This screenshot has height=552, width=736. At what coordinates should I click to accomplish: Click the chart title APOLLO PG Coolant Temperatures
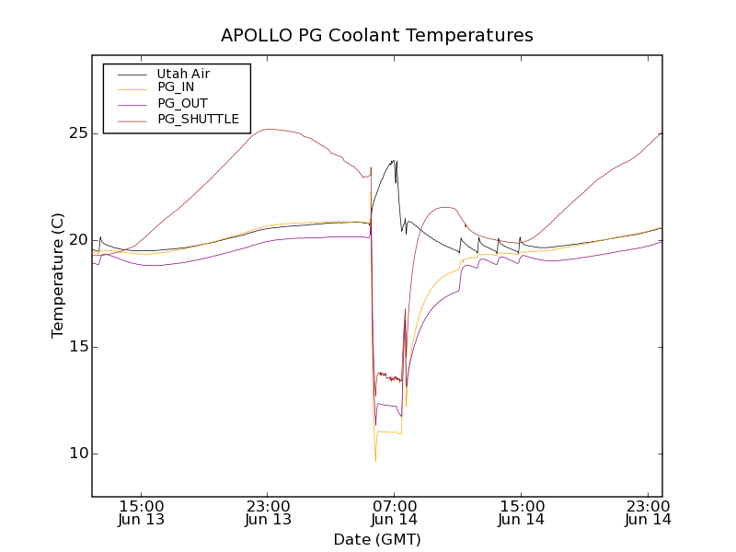[x=377, y=36]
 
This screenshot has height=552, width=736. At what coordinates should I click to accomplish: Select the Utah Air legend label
[x=183, y=74]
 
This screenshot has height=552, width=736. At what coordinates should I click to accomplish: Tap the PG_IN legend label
[x=176, y=87]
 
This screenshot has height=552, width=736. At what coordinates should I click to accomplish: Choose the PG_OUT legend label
[x=182, y=103]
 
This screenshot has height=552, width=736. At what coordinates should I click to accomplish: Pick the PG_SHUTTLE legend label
[x=198, y=119]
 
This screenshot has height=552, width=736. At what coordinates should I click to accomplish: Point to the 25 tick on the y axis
[x=77, y=133]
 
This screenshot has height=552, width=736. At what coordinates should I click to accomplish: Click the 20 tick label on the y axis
[x=77, y=240]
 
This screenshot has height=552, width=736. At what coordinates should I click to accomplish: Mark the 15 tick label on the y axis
[x=77, y=347]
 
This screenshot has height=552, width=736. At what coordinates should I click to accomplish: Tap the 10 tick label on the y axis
[x=77, y=454]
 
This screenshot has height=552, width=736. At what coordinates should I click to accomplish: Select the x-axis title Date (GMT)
[x=377, y=539]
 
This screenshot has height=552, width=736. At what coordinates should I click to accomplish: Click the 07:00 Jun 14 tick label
[x=394, y=512]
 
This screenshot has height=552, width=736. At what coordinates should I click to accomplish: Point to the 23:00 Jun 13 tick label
[x=268, y=512]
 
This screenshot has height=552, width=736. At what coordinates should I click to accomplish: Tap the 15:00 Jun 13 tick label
[x=141, y=512]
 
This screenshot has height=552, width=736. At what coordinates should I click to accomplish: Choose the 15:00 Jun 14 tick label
[x=521, y=512]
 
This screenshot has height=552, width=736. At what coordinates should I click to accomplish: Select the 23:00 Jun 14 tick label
[x=648, y=512]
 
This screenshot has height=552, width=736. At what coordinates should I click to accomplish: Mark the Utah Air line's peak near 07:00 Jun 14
[x=394, y=161]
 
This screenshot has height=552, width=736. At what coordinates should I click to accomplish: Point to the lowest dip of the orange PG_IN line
[x=375, y=460]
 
